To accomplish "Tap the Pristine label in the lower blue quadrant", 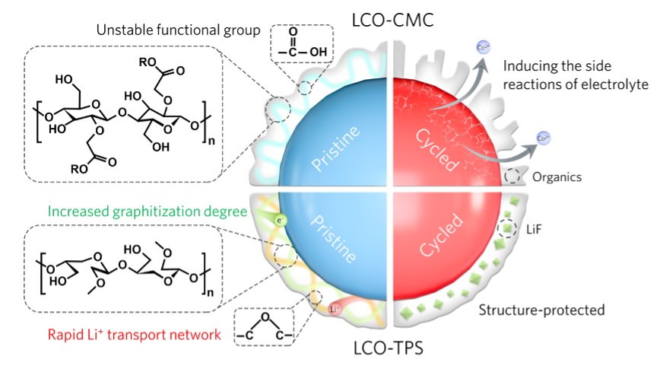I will pos(335,236).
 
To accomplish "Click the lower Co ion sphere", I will pos(543,138).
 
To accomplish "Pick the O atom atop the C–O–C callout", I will pos(263,316).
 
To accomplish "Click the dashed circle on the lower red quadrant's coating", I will pos(507,228).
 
